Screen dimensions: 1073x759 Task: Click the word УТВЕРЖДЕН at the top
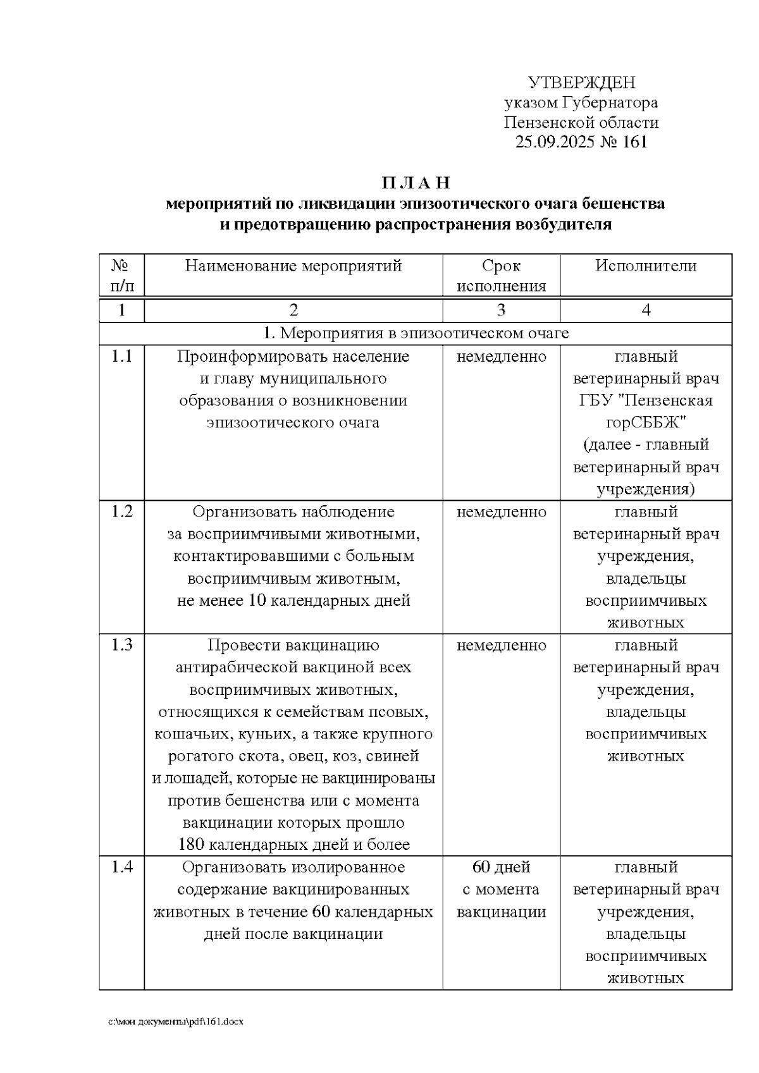coord(581,83)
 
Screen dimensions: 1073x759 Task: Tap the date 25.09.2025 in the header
coord(555,142)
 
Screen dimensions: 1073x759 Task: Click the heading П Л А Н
coord(416,183)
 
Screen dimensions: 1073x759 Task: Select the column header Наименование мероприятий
coord(293,266)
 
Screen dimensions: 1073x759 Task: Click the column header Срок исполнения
coord(501,276)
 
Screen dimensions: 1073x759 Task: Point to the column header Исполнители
coord(646,266)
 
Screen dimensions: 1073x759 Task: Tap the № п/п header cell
coord(121,276)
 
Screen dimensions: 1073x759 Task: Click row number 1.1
coord(121,357)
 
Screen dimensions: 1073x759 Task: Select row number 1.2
coord(121,512)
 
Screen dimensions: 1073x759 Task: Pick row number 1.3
coord(121,645)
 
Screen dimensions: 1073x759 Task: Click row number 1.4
coord(121,867)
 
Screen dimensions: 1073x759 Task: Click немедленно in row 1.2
coord(501,512)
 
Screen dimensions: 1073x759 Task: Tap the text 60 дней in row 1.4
coord(501,867)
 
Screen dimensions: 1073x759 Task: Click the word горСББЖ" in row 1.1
coord(646,422)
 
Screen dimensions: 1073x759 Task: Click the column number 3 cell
coord(501,310)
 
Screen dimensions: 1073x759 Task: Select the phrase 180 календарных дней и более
coord(293,845)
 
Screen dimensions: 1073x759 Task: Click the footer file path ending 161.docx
coord(176,1022)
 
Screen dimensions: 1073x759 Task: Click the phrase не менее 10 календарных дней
coord(293,601)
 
